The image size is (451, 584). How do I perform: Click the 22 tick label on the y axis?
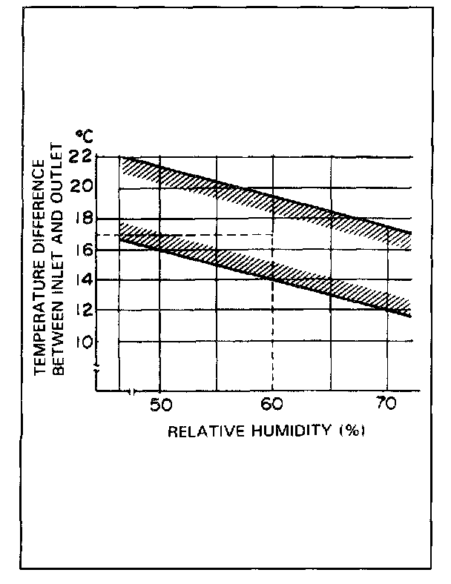tap(83, 156)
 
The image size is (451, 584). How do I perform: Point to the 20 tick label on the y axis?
tap(83, 187)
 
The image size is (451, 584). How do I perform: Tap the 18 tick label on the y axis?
tap(83, 219)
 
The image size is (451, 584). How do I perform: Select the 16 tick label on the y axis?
tap(83, 250)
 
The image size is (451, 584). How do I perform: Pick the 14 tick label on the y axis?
tap(83, 280)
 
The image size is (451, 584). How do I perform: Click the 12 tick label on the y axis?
tap(83, 311)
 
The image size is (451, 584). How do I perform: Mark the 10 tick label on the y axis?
tap(83, 342)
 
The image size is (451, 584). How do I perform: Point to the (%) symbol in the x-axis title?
tap(350, 431)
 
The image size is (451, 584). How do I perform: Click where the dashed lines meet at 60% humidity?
tap(273, 235)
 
